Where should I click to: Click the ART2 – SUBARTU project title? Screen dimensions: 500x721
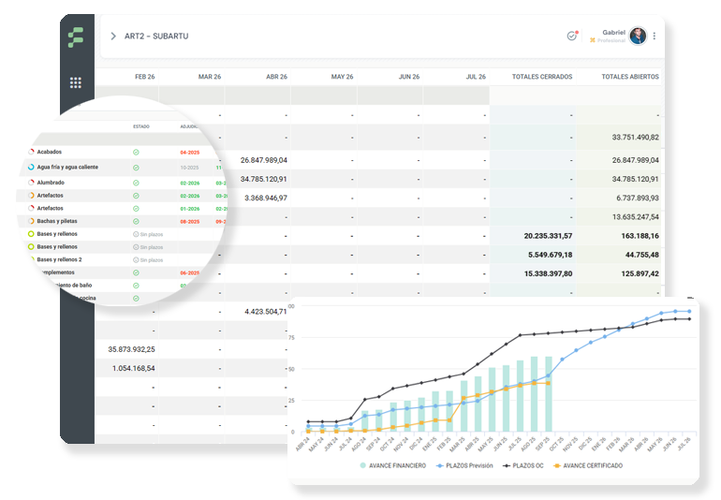(156, 36)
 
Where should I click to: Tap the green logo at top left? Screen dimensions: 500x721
(76, 37)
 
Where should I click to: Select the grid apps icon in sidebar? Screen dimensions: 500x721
(76, 82)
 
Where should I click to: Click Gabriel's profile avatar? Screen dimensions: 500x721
(638, 36)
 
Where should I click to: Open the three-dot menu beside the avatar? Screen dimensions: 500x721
(655, 37)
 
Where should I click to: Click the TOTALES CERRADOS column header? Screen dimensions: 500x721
(542, 77)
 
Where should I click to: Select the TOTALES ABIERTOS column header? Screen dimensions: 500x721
(629, 77)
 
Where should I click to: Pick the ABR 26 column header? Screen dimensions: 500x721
(276, 77)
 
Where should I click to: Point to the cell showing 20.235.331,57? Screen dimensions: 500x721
(537, 236)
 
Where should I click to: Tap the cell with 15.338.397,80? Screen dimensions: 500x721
(537, 273)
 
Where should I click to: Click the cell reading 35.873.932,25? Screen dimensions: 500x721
(131, 349)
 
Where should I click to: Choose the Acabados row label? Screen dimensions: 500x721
(50, 152)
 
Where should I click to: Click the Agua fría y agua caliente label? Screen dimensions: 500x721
(68, 167)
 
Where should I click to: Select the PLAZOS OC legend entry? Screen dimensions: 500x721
(527, 465)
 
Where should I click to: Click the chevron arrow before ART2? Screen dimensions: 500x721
(113, 36)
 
